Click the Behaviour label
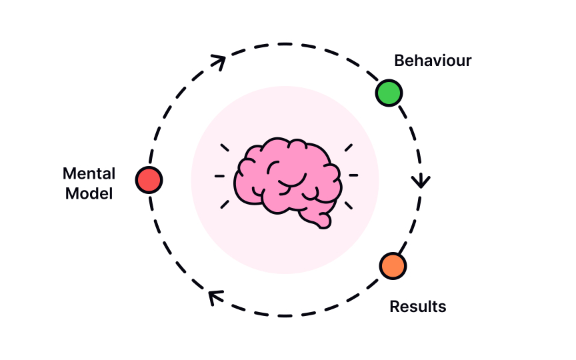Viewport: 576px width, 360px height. [x=433, y=61]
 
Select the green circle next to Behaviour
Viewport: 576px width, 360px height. [x=389, y=93]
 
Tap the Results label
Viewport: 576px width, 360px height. [x=418, y=307]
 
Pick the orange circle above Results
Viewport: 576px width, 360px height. [x=393, y=265]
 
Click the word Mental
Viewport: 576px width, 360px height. [x=89, y=174]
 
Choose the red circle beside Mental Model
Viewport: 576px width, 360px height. [x=149, y=179]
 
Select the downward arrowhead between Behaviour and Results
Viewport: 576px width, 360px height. [x=421, y=181]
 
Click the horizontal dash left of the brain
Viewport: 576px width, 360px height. [x=219, y=176]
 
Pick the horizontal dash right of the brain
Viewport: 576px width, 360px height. [x=353, y=175]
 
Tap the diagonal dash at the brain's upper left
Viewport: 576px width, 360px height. [x=225, y=147]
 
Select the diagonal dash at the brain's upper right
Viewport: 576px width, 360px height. [x=349, y=147]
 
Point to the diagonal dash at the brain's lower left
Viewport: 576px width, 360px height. [x=225, y=204]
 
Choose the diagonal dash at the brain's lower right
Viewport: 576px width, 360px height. [x=349, y=204]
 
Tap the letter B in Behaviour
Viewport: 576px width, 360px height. [x=399, y=61]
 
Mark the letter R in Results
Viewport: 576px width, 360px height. [x=394, y=307]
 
